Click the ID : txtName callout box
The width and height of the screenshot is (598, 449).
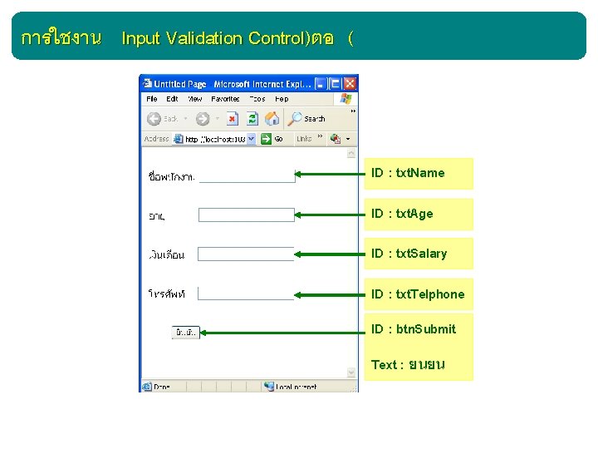tap(418, 173)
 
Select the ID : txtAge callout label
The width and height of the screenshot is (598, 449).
tap(418, 214)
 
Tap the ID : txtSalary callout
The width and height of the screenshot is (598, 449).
tap(418, 254)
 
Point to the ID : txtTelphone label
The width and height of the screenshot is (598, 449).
tap(418, 294)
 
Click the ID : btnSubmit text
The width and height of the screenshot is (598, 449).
tap(414, 329)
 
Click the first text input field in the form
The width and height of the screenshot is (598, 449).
tap(248, 175)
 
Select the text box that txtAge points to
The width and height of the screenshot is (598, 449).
tap(248, 215)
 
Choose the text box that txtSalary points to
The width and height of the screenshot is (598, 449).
tap(246, 254)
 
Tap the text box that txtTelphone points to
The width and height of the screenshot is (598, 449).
tap(246, 293)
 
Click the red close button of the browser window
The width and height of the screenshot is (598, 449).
tap(350, 83)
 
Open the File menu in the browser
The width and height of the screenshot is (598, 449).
tap(152, 99)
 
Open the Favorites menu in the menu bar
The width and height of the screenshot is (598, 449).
tap(225, 99)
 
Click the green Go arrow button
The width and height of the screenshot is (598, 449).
tap(267, 139)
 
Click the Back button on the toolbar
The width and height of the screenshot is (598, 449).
tap(163, 119)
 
